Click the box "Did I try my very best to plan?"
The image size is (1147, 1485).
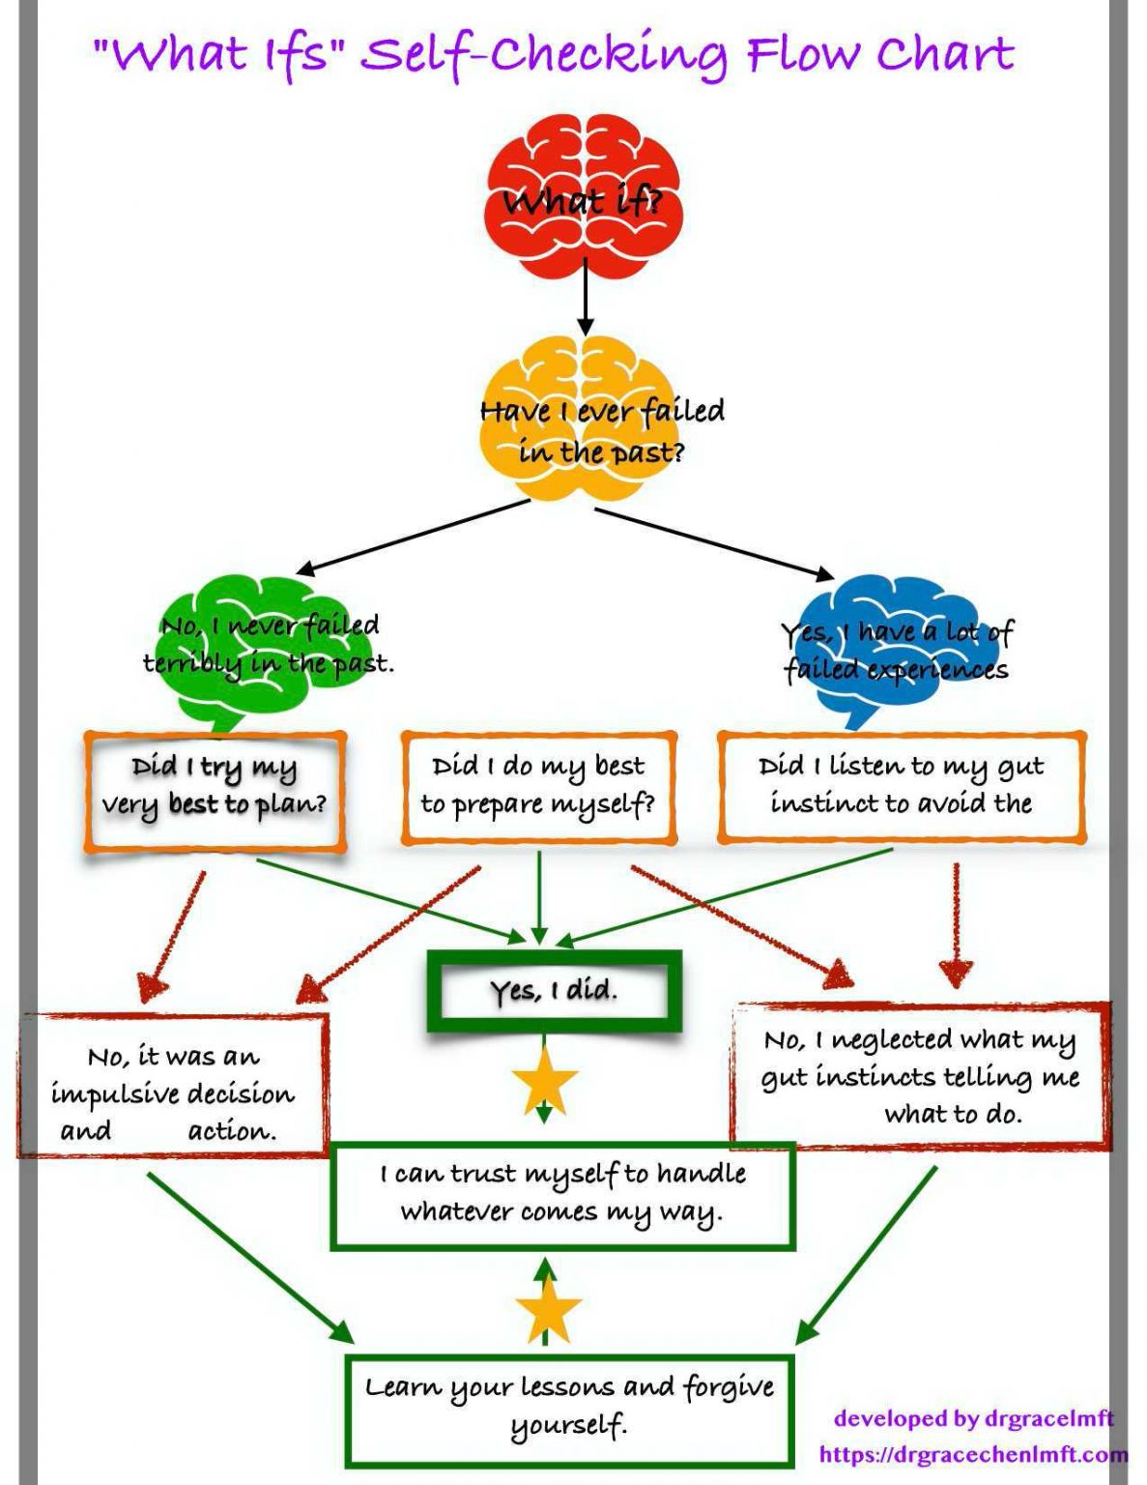coord(215,792)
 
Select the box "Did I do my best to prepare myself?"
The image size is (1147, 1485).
coord(538,788)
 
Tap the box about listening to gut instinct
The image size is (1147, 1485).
coord(901,787)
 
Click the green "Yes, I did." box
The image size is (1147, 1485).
coord(554,991)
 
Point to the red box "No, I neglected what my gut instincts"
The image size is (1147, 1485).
coord(920,1075)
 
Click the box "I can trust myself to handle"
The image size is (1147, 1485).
coord(562,1195)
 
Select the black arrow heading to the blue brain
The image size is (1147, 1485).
coord(715,542)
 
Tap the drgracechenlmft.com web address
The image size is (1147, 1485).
coord(971,1454)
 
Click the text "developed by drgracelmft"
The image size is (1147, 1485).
coord(973,1418)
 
